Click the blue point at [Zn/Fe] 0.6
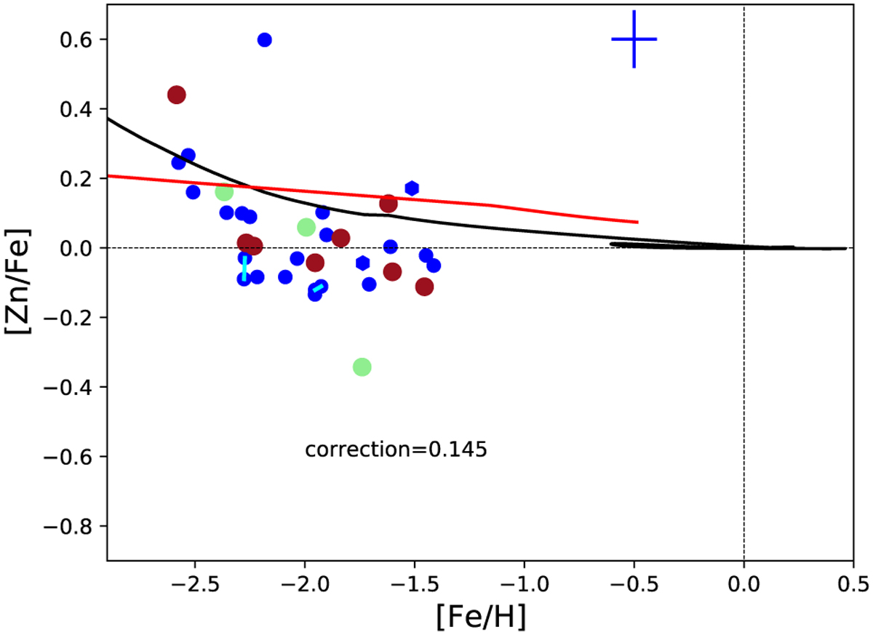265,39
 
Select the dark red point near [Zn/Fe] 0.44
176,95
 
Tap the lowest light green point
362,367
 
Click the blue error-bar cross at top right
634,39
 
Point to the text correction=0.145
396,450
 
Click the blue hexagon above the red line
412,188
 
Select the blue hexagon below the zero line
363,263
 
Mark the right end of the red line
637,222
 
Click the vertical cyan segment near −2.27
244,268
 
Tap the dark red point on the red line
388,204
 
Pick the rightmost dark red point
425,287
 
